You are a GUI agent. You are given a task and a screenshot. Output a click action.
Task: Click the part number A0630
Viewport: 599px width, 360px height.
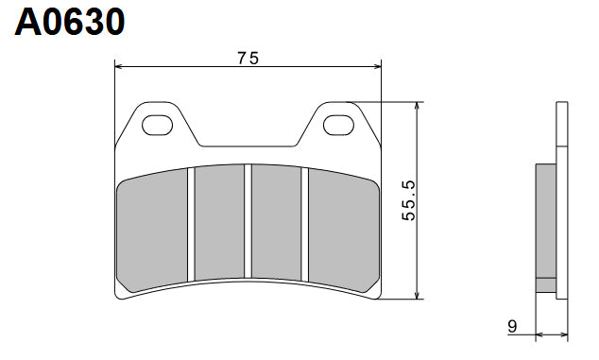[x=69, y=22]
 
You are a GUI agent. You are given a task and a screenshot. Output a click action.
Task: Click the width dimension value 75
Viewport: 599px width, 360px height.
[x=248, y=58]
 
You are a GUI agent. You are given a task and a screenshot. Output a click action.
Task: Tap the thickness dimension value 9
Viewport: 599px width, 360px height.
[x=512, y=327]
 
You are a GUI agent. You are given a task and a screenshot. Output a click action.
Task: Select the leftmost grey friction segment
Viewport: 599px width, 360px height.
[x=151, y=227]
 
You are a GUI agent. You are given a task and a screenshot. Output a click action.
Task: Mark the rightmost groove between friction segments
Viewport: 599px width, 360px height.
[x=305, y=225]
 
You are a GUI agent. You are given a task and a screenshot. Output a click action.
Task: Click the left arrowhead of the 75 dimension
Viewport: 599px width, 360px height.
[x=119, y=66]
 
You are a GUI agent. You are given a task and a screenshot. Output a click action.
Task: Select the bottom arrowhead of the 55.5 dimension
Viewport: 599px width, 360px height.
[x=417, y=295]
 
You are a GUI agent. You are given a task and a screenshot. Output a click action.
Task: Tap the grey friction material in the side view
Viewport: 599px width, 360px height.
[x=545, y=227]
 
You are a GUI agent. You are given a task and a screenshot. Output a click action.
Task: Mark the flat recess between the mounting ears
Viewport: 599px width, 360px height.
[x=248, y=147]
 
